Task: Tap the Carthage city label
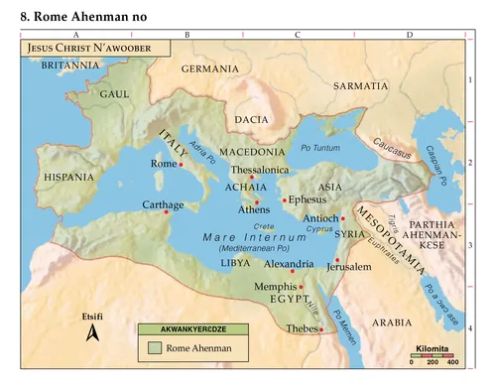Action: click(x=163, y=205)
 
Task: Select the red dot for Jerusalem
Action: click(x=337, y=260)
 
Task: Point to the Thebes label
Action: click(x=300, y=327)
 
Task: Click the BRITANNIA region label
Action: click(x=70, y=64)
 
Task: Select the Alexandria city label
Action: click(x=289, y=265)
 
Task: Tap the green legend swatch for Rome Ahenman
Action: click(x=154, y=348)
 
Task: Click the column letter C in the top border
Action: click(x=298, y=35)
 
